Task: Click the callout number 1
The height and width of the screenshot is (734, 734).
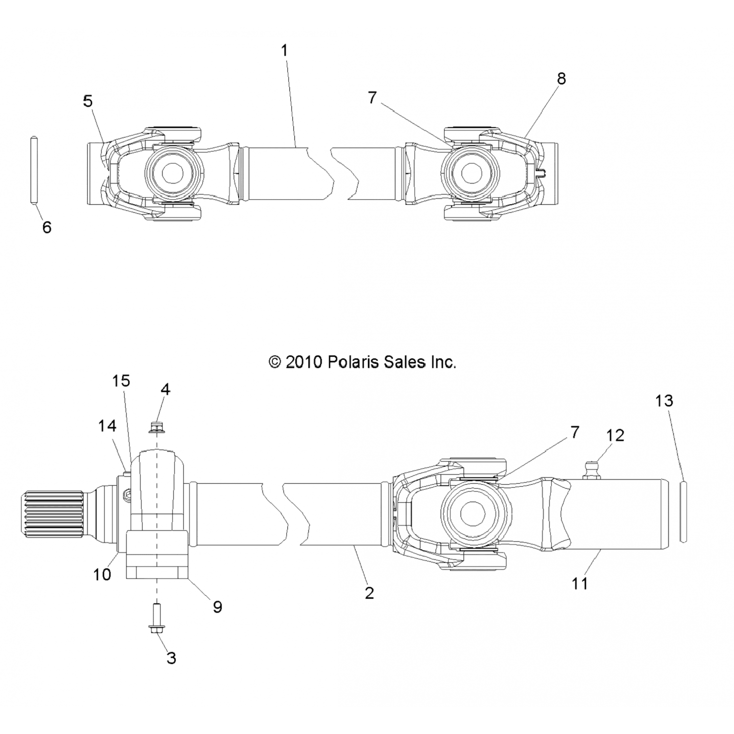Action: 284,50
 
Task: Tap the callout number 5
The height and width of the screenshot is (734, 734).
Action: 88,101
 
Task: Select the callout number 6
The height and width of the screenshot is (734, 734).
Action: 47,227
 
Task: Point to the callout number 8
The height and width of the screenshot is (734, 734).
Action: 561,78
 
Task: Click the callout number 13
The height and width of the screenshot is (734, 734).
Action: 664,401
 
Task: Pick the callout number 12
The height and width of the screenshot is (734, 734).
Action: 615,435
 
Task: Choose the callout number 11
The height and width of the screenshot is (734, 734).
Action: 579,583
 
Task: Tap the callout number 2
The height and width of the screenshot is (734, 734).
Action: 369,593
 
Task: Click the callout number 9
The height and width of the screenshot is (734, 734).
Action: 218,607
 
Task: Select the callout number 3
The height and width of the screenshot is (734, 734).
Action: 171,658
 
